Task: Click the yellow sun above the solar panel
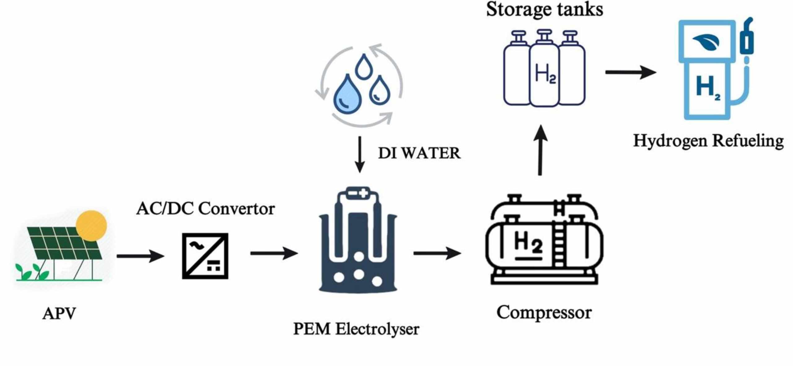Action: pos(91,226)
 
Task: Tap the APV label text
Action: pos(59,313)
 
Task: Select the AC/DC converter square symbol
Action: pos(205,256)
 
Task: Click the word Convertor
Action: pos(236,208)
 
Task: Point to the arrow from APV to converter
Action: pos(140,256)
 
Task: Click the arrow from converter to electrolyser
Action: pos(274,253)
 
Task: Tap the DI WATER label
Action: pos(419,153)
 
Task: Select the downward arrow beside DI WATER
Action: pos(359,154)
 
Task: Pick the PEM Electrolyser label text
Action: pos(356,329)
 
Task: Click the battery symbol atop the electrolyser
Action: pos(358,193)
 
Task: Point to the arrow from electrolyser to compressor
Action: pos(437,253)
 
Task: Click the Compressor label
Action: pos(544,312)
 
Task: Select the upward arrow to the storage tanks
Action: pos(540,150)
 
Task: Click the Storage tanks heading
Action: pos(544,9)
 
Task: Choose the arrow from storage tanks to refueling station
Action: pos(630,72)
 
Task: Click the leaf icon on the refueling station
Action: pos(706,42)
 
